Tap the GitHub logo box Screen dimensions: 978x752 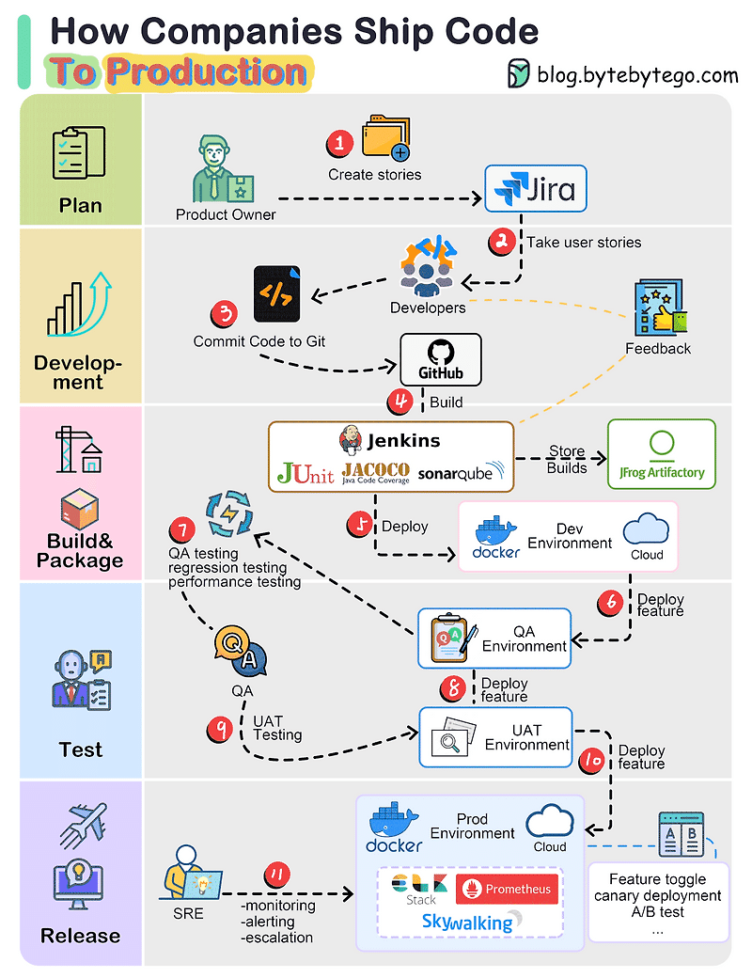[441, 360]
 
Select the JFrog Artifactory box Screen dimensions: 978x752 [662, 454]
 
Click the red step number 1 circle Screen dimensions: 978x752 [339, 143]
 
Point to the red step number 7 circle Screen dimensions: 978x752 [183, 530]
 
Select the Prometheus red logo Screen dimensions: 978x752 [508, 889]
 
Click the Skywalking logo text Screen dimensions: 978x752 [467, 922]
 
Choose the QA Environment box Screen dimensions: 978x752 [494, 638]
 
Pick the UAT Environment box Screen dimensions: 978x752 [495, 736]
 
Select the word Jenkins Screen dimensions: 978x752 [402, 440]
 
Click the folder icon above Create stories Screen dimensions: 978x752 [385, 140]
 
